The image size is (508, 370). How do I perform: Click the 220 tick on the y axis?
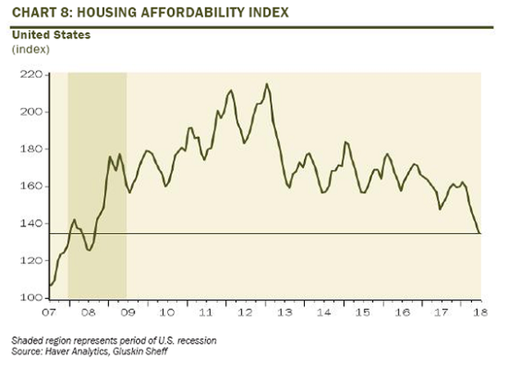coord(31,75)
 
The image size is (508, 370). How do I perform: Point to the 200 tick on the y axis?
coord(31,112)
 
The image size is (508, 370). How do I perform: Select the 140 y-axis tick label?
coord(31,223)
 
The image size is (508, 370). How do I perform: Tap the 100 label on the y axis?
coord(31,297)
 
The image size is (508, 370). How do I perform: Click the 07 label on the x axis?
coord(50,312)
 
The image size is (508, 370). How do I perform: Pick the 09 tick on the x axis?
coord(127,312)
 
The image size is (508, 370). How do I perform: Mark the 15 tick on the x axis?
coord(362,312)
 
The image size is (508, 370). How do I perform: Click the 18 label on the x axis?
coord(480,312)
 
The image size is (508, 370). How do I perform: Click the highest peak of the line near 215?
coord(266,84)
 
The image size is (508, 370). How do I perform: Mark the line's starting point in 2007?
coord(50,285)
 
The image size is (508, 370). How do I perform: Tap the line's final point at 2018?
coord(479,233)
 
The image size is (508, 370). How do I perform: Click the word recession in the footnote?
coord(197,340)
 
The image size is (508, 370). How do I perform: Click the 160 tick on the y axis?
coord(31,186)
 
